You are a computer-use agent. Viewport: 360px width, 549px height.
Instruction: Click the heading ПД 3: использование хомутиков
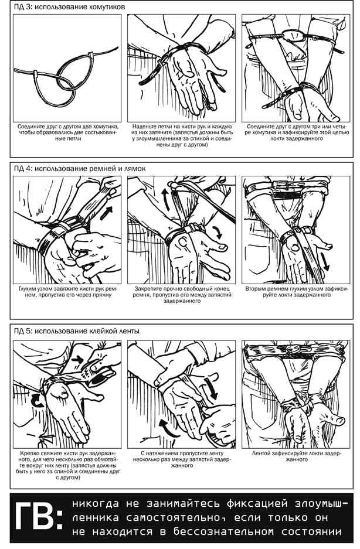coord(69,7)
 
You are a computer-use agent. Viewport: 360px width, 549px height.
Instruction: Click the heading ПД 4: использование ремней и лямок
coord(80,169)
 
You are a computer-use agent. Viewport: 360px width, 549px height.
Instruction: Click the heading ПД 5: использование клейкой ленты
coord(76,331)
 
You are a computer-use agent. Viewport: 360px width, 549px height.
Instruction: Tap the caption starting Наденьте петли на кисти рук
coord(182,135)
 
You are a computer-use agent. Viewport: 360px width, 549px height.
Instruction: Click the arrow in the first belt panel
coord(107,213)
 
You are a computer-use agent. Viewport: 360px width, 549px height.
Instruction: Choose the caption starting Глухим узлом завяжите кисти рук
coord(67,292)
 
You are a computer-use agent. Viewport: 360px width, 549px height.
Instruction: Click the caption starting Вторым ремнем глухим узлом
coord(297,292)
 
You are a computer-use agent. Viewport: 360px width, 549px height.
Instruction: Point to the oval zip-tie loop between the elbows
coord(294,35)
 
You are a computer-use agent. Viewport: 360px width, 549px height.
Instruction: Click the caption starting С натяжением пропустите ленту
coord(182,459)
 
